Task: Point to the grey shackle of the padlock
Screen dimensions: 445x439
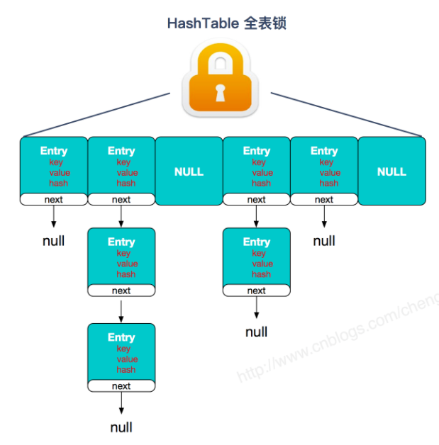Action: tap(221, 60)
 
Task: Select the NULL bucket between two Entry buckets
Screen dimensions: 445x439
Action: tap(189, 171)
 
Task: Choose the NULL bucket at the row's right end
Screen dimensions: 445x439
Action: tap(391, 171)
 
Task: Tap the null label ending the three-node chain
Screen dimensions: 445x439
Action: tap(121, 427)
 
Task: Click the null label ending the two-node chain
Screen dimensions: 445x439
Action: tap(257, 332)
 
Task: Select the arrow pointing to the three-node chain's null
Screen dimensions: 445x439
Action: tap(121, 402)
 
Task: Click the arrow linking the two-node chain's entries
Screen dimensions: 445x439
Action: tap(257, 216)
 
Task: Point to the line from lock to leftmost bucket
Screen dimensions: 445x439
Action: tap(96, 114)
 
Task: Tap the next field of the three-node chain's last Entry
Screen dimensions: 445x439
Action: tap(121, 386)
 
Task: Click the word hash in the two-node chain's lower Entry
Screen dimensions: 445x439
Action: tap(261, 274)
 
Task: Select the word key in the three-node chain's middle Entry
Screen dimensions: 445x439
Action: tap(123, 253)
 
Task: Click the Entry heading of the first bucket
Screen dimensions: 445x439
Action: tap(54, 151)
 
